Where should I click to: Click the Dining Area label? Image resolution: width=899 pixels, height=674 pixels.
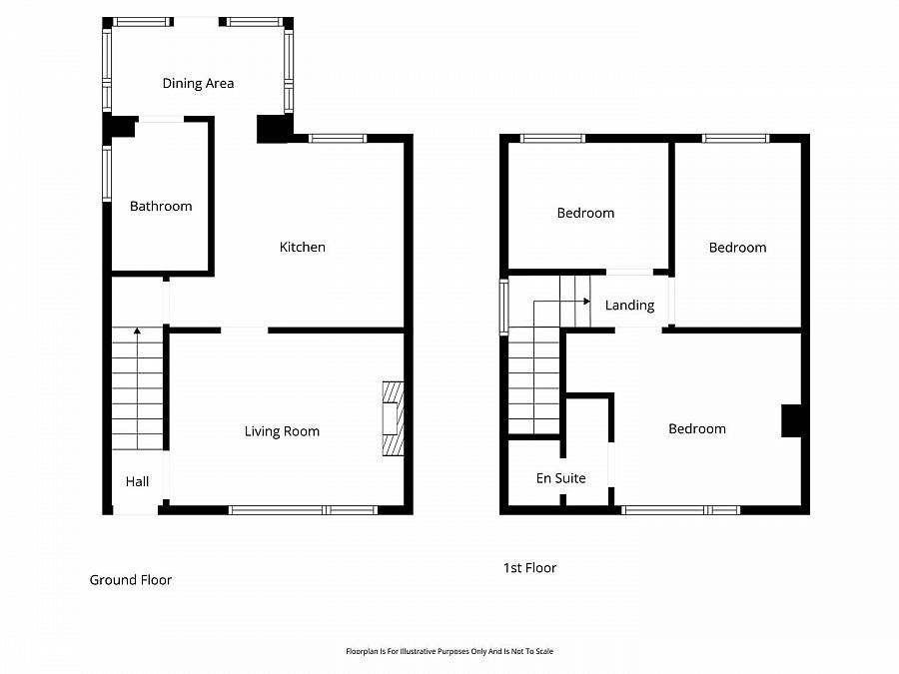click(x=198, y=84)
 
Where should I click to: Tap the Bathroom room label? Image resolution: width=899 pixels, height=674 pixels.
click(x=160, y=207)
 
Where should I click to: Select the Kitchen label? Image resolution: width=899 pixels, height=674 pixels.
click(x=302, y=248)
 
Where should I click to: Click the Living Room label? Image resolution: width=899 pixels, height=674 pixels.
click(x=282, y=431)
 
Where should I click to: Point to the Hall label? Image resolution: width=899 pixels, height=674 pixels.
click(x=137, y=481)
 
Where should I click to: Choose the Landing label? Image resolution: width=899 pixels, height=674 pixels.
click(x=629, y=306)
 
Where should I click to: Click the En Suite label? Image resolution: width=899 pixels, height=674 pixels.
click(x=560, y=478)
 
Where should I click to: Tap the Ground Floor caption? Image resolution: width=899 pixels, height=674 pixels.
click(x=131, y=580)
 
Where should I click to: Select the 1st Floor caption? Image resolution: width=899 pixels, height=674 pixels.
click(x=529, y=568)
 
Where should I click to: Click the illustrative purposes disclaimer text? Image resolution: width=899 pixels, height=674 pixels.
click(x=449, y=651)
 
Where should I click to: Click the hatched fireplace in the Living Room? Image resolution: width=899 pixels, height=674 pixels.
click(x=394, y=418)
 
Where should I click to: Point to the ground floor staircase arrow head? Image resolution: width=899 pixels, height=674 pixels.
click(x=137, y=331)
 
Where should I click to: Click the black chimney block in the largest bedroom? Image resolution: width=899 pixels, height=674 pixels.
click(x=791, y=420)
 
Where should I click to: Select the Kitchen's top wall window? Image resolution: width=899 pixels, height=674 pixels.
click(x=338, y=139)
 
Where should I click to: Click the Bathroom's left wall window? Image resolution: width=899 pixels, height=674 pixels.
click(x=107, y=174)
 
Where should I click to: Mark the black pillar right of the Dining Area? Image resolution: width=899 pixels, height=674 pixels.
click(x=271, y=129)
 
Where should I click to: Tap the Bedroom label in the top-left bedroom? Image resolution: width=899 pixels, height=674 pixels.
click(x=585, y=213)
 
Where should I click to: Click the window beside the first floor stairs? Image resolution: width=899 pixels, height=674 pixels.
click(x=503, y=304)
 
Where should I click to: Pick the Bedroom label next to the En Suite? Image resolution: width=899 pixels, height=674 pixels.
click(x=696, y=429)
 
